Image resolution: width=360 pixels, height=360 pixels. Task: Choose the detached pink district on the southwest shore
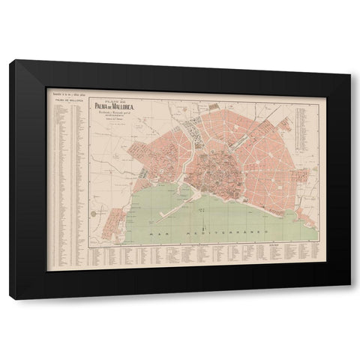coord(112,221)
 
